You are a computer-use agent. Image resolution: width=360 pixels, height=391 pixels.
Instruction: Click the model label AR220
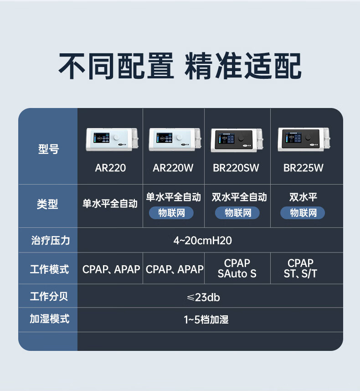(x=110, y=168)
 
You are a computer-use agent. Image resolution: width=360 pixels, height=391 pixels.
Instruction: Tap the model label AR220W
(x=173, y=168)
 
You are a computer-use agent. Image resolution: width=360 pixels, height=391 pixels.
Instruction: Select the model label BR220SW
(x=236, y=168)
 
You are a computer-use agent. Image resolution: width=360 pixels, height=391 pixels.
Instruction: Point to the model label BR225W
(x=303, y=168)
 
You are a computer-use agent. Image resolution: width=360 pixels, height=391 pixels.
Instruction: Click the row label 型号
(x=48, y=149)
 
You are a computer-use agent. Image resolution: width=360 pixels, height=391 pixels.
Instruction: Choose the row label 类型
(x=48, y=204)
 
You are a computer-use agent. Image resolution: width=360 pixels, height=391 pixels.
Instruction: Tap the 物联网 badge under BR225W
(x=303, y=213)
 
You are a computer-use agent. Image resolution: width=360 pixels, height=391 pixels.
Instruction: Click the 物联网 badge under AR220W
(x=171, y=213)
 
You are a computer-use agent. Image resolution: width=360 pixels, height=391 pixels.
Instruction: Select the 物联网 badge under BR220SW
(x=237, y=213)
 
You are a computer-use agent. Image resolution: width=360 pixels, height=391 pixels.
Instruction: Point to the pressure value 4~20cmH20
(x=203, y=241)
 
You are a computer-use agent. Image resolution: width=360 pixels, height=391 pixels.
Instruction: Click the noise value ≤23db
(x=203, y=298)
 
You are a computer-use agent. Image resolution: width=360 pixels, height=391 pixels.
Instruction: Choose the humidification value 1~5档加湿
(x=206, y=319)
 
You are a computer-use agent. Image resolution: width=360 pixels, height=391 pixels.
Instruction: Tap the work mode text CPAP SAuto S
(x=237, y=268)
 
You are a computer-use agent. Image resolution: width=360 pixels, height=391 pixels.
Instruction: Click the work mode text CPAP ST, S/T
(x=301, y=268)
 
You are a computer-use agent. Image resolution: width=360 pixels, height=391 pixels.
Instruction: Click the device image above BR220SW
(x=237, y=139)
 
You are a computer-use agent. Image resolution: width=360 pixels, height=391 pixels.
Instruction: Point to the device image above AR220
(x=110, y=139)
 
